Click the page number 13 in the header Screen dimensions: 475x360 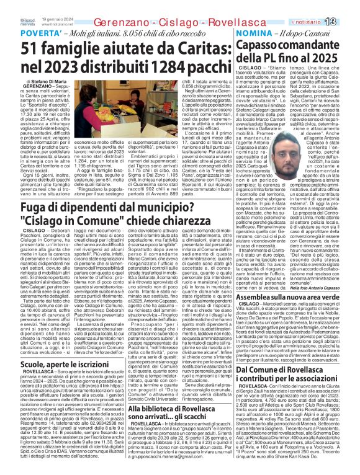(x=349, y=21)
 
